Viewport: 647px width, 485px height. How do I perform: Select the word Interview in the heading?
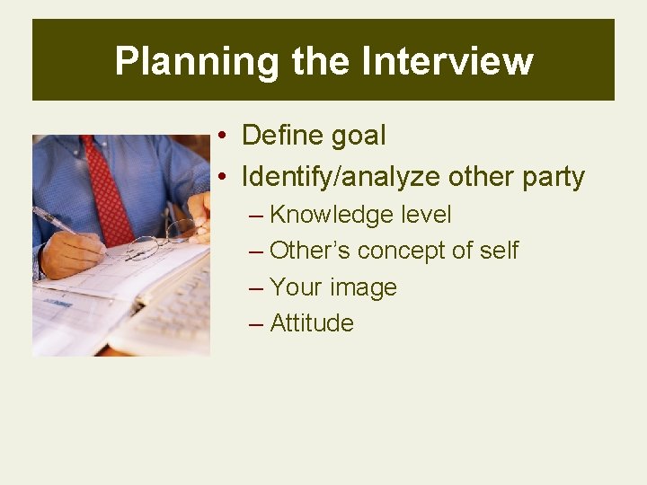click(447, 61)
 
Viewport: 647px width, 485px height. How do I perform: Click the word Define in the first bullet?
click(282, 136)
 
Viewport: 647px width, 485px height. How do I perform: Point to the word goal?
click(358, 137)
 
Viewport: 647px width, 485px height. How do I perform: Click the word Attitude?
click(312, 323)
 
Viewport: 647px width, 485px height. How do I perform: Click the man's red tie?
click(108, 189)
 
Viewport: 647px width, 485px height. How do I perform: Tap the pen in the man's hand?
click(54, 220)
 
